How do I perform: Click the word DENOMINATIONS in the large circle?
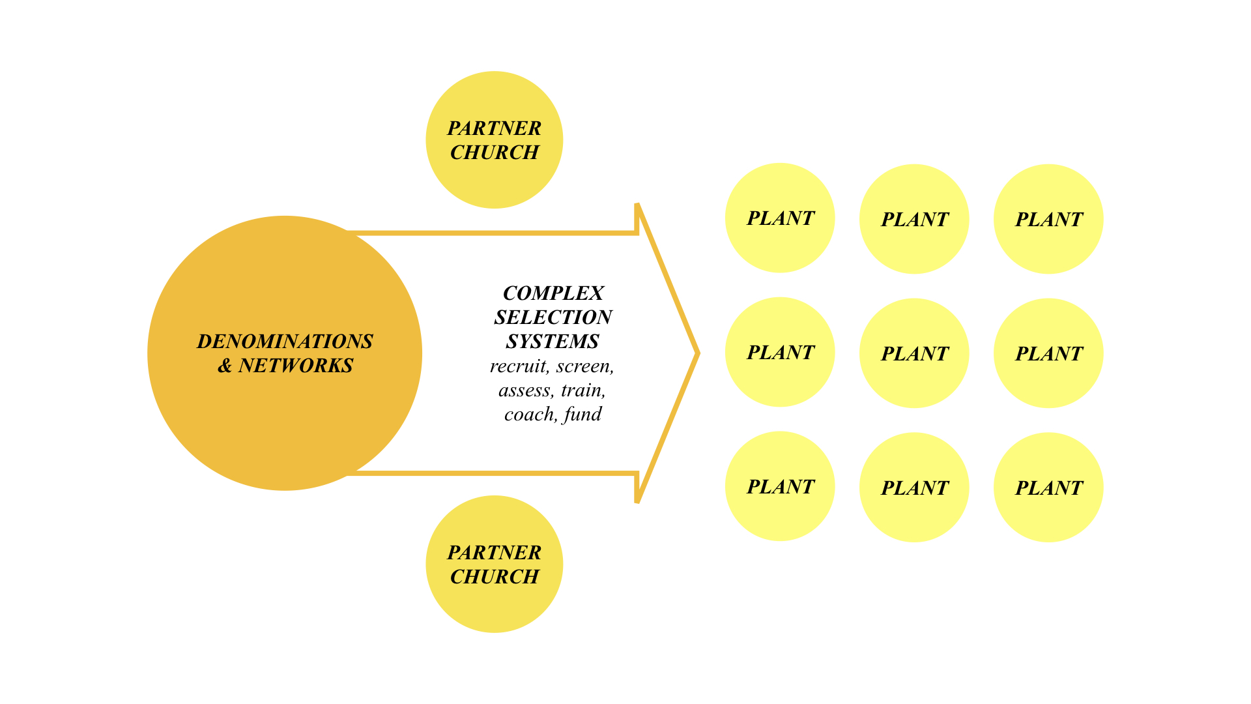[x=285, y=342]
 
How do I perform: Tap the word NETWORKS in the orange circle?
[x=296, y=366]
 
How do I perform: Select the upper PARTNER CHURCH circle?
[x=494, y=140]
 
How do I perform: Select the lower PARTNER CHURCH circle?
[x=494, y=565]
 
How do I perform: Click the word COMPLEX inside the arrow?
[x=553, y=293]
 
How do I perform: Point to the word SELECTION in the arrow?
[x=553, y=317]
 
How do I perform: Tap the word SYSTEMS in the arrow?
[x=553, y=342]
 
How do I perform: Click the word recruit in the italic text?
[x=519, y=366]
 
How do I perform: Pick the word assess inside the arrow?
[x=526, y=390]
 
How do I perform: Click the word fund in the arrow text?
[x=583, y=415]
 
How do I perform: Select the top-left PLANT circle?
[x=780, y=218]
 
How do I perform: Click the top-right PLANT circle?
[x=1048, y=219]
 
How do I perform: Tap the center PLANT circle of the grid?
[x=914, y=353]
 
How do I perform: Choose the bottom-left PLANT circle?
[x=780, y=486]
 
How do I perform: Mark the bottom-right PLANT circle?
[x=1048, y=488]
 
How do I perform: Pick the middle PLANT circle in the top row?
[x=914, y=219]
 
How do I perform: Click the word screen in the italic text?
[x=584, y=366]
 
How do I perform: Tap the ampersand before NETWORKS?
[x=225, y=366]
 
